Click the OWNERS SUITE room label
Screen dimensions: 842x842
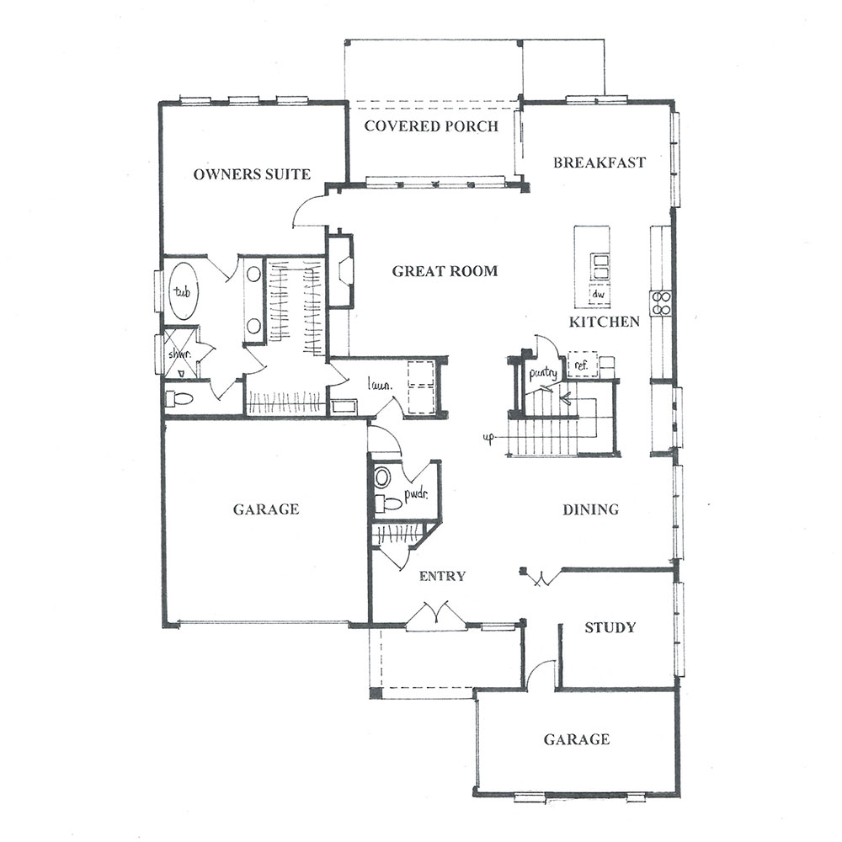tap(252, 174)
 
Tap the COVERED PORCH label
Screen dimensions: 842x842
tap(431, 126)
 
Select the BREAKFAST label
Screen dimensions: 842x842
tap(600, 163)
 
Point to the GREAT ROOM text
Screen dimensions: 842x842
tap(445, 270)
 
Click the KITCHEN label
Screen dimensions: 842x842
tap(604, 322)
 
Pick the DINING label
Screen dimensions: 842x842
tap(591, 509)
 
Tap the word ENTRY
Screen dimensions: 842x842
tap(442, 576)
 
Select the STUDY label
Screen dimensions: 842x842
tap(610, 627)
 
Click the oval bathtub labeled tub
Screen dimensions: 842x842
tap(183, 291)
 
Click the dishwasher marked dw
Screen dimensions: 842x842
tap(600, 294)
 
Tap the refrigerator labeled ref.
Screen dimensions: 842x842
tap(582, 365)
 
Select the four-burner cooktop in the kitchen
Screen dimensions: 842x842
tap(661, 302)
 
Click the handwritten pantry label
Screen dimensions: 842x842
tap(543, 372)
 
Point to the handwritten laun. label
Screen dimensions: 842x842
tap(380, 384)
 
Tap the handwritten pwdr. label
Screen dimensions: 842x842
tap(416, 494)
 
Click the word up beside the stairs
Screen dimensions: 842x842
tap(488, 439)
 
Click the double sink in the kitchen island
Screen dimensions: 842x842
tap(600, 266)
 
